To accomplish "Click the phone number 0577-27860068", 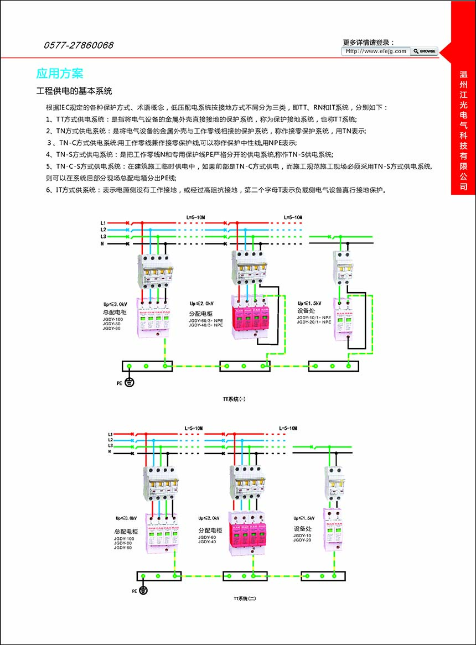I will tap(78, 45).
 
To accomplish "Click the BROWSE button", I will tap(425, 51).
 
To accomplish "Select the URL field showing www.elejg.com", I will tap(376, 51).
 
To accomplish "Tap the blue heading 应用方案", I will tap(60, 73).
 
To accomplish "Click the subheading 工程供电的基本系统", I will tap(74, 91).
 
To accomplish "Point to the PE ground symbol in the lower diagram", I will tap(143, 591).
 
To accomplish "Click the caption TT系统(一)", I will tap(234, 398).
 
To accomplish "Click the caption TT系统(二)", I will tap(245, 598).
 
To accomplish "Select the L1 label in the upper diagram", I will tap(103, 222).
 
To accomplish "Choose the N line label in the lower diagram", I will tap(110, 452).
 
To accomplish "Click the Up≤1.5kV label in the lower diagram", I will tap(304, 518).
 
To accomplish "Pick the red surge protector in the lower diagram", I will tap(246, 535).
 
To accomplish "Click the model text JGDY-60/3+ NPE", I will tap(205, 320).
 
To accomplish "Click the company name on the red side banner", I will tap(464, 130).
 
